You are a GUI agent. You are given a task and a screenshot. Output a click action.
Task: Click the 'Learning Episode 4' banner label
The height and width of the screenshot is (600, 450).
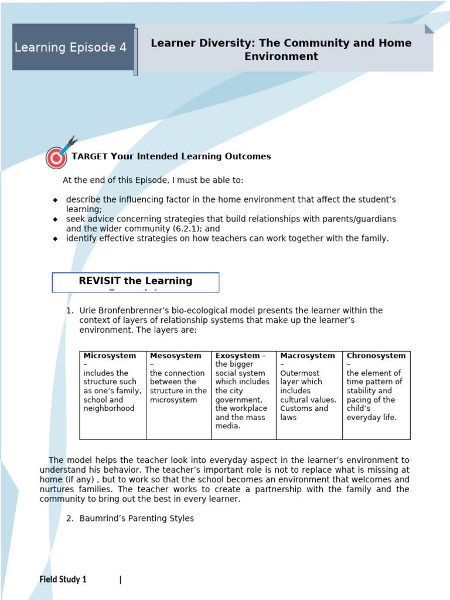(x=70, y=47)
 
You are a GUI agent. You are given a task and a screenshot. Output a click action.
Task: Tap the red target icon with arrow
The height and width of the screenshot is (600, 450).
(x=57, y=156)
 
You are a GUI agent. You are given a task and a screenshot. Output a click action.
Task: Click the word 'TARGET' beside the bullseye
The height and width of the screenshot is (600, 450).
(x=90, y=156)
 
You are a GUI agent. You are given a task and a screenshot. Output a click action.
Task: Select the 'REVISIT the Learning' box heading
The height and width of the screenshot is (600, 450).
(x=135, y=281)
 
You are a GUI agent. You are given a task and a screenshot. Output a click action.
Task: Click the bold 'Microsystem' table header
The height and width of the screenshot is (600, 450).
(x=110, y=356)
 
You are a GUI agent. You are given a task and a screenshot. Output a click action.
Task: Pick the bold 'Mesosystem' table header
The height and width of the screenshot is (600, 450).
(x=175, y=356)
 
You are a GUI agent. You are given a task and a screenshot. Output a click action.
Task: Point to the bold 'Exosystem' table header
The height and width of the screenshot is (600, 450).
(x=237, y=356)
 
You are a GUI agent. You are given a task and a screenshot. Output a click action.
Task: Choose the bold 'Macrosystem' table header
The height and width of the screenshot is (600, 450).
(x=308, y=356)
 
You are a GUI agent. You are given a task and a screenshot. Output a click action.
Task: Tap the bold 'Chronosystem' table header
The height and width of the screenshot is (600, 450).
(x=376, y=356)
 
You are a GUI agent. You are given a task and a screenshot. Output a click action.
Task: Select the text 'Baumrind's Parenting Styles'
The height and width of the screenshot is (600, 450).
(x=136, y=519)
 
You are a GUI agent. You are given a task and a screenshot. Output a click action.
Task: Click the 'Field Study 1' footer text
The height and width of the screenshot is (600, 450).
(x=63, y=579)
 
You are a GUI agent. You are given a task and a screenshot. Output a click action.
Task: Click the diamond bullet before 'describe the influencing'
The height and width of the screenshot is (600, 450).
(x=55, y=200)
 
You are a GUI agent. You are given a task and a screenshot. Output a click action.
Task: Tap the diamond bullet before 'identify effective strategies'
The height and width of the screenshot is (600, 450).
(x=55, y=239)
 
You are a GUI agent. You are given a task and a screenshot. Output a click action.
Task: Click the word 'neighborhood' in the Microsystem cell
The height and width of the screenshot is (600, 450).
(x=109, y=408)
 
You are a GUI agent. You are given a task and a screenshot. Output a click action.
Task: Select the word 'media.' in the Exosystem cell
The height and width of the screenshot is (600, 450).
(x=227, y=426)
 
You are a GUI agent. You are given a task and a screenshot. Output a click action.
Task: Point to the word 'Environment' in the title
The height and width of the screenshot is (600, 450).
(x=281, y=57)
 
